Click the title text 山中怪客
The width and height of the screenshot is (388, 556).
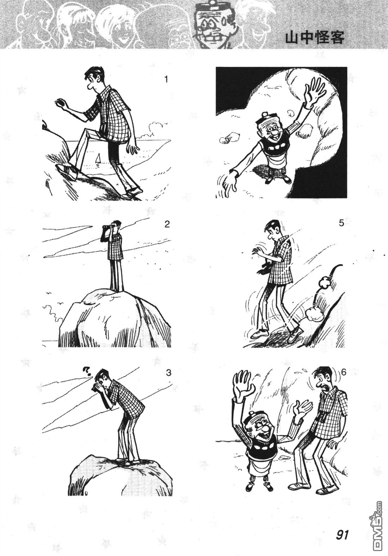(x=315, y=38)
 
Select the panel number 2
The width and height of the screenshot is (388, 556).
(x=167, y=225)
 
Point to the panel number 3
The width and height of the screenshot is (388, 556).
(x=169, y=373)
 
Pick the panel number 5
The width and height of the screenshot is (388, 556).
(x=341, y=223)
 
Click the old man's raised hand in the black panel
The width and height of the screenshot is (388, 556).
(x=315, y=93)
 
